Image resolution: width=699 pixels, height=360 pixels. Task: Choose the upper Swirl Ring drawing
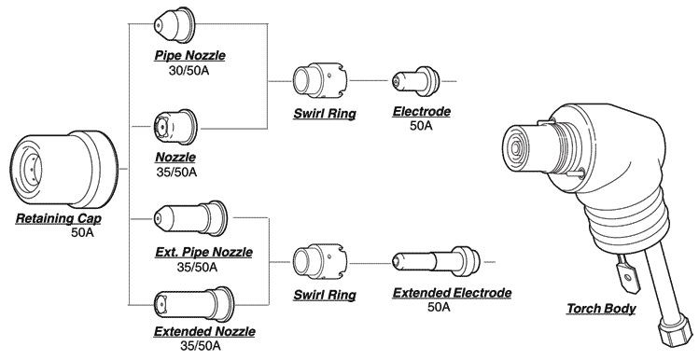pos(315,81)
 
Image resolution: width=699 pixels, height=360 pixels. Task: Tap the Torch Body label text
pos(602,309)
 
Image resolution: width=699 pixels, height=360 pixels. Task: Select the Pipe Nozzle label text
pos(189,56)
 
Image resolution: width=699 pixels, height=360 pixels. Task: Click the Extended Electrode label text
pos(453,293)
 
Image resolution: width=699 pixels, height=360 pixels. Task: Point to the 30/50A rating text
pos(189,69)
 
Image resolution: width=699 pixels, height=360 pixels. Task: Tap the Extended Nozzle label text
pos(203,331)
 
